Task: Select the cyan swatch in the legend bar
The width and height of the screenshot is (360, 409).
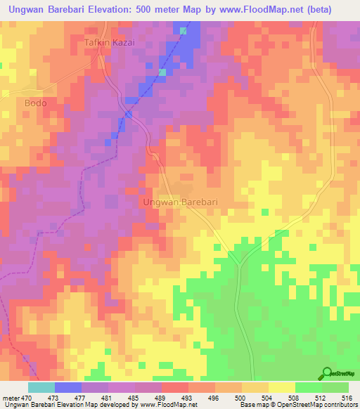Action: click(41, 387)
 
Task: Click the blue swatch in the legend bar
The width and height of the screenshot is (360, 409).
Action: click(68, 387)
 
